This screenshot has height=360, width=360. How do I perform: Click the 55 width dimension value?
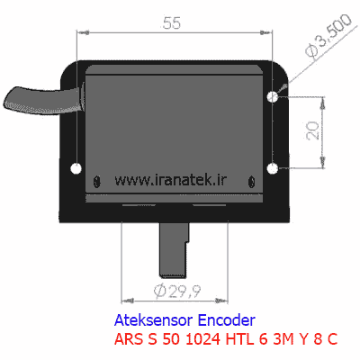pos(172,23)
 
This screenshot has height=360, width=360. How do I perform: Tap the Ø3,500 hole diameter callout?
pos(328,36)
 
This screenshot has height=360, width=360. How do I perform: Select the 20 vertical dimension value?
pos(313,130)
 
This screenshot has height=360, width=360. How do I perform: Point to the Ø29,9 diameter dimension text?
pos(177,291)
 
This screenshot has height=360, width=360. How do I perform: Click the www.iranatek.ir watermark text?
pos(171,180)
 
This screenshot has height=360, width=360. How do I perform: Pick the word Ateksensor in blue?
pos(154,320)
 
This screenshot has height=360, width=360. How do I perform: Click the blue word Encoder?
pos(227,320)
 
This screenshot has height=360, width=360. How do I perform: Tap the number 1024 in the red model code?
pos(202,339)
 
